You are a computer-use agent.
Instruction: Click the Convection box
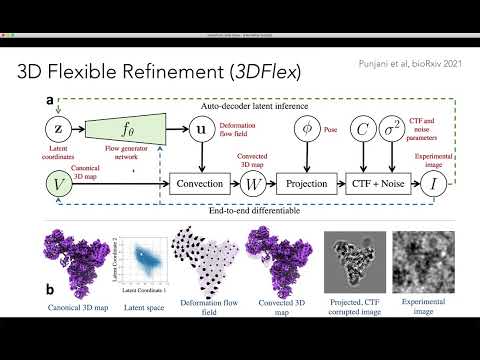[198, 185]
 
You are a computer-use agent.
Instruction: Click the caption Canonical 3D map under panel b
[79, 297]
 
